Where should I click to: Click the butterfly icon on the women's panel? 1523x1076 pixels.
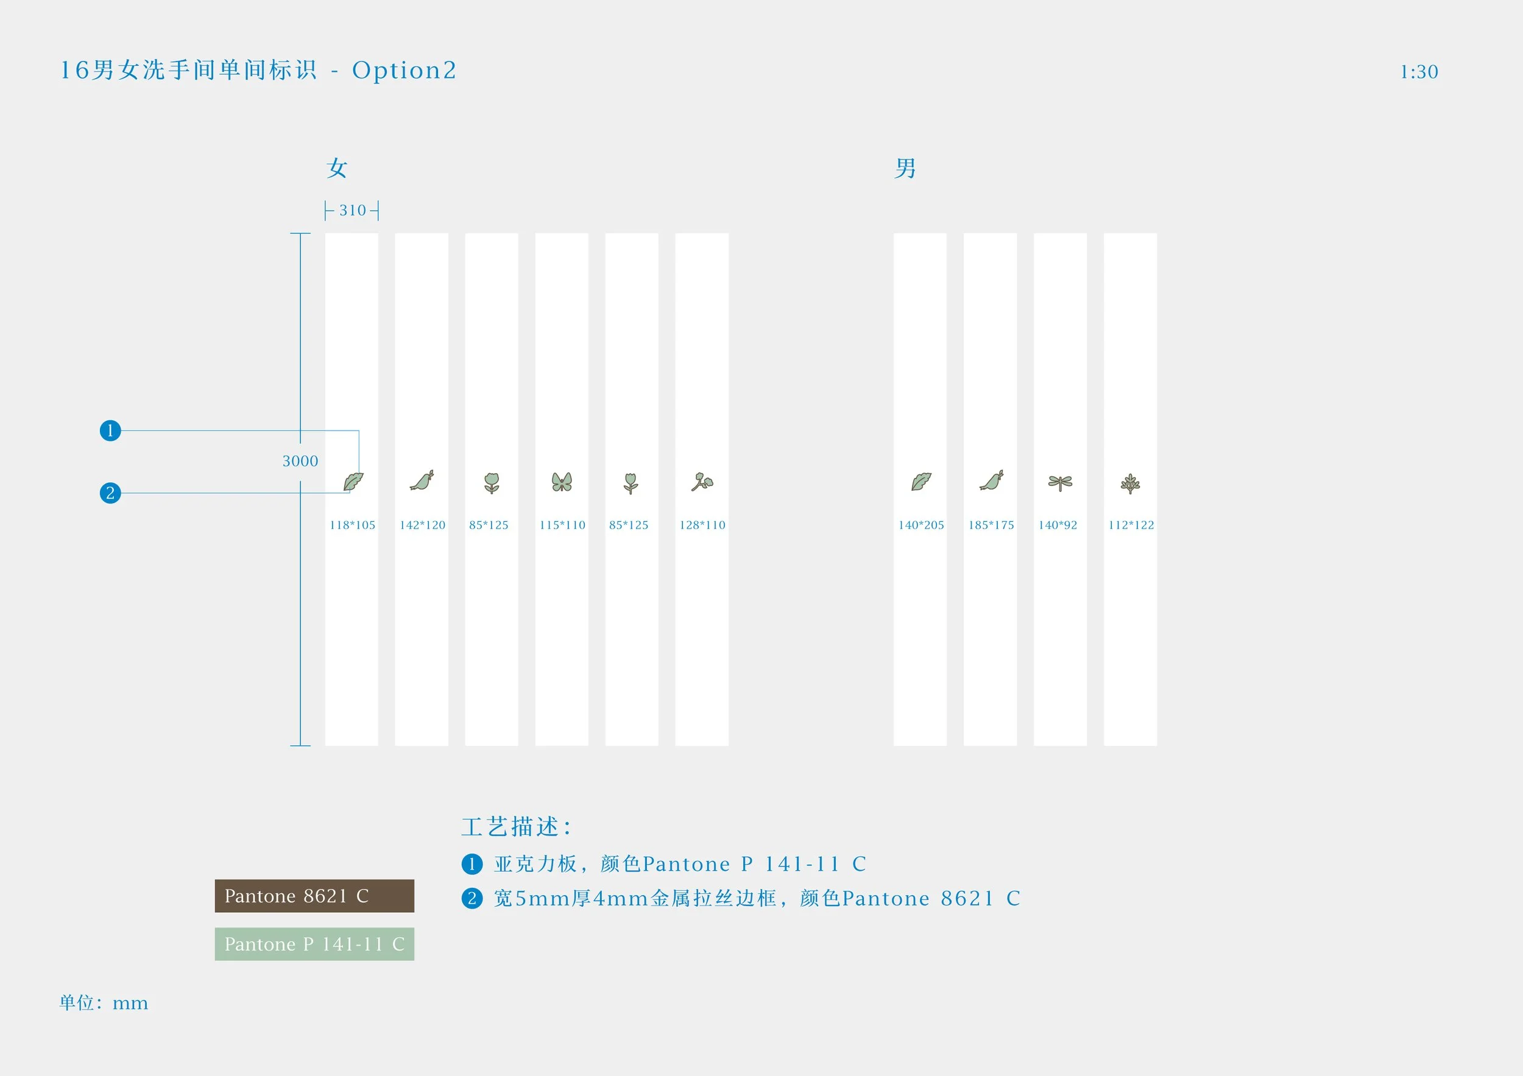click(561, 482)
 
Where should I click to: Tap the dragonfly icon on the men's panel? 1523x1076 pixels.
click(1060, 483)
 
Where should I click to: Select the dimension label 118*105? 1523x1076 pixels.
click(352, 525)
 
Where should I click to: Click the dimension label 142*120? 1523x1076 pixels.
click(423, 525)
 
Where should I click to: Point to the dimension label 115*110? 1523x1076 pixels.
click(562, 525)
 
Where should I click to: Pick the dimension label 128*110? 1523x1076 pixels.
click(702, 525)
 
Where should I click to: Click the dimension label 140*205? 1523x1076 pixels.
click(921, 525)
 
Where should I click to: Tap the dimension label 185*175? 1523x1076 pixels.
click(991, 525)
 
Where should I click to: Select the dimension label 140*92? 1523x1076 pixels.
click(1058, 525)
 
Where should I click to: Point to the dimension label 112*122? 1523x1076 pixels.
click(1131, 525)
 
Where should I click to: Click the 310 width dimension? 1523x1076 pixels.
click(352, 210)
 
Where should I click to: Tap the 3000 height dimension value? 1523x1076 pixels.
click(300, 461)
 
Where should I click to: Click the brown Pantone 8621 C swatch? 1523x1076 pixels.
click(314, 896)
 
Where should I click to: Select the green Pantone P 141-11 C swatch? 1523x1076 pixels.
click(314, 944)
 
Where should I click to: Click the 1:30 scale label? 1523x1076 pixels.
click(1419, 72)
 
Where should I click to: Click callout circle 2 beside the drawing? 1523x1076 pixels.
click(110, 493)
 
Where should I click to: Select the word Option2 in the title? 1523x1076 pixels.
click(404, 70)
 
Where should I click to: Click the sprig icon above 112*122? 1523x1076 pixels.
click(1130, 483)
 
